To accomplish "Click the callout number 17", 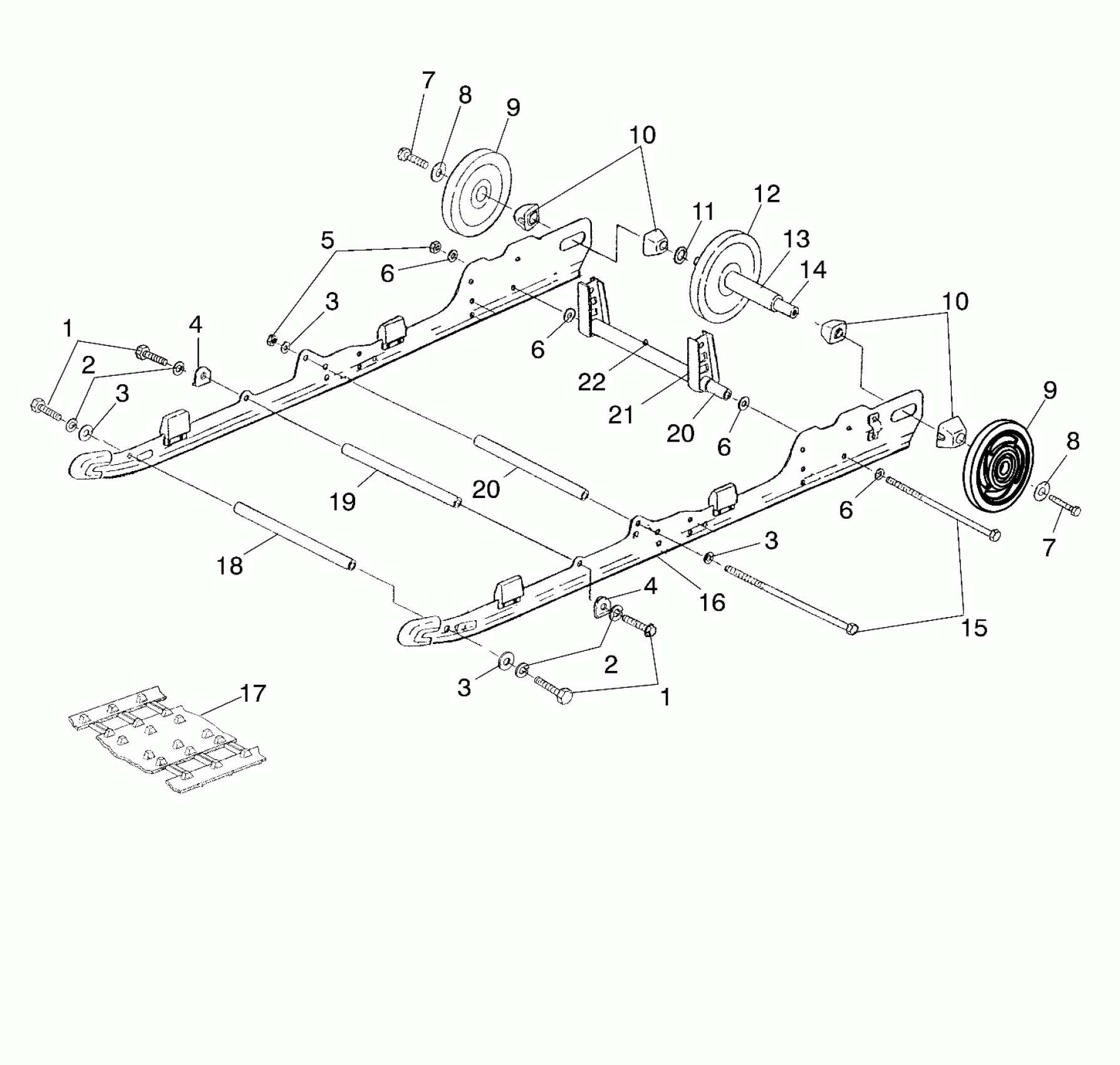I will click(253, 694).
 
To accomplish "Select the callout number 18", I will click(229, 566).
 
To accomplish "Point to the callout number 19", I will click(343, 501).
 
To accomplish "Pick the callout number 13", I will click(796, 239).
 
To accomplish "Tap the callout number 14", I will click(813, 269).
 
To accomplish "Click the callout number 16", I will click(712, 602).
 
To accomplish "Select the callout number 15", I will click(974, 627).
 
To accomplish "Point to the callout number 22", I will click(591, 382).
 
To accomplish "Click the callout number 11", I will click(703, 212).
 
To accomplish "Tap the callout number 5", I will click(327, 240).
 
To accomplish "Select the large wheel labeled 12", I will click(720, 276).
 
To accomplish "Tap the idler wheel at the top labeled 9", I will click(476, 191).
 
